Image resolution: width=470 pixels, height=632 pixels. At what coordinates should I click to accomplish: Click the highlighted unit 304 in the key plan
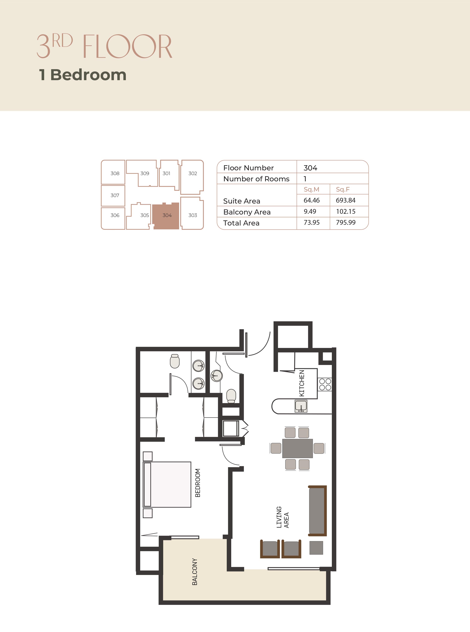[x=166, y=216]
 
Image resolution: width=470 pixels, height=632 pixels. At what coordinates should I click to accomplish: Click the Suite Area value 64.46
[x=312, y=200]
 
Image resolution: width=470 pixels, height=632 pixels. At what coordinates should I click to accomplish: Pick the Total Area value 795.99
[x=346, y=222]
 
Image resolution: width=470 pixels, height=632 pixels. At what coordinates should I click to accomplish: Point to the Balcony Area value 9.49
[x=310, y=211]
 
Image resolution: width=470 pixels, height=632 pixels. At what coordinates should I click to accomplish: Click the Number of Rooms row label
[x=256, y=179]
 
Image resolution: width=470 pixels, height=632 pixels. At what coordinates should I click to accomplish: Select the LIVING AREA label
[x=283, y=517]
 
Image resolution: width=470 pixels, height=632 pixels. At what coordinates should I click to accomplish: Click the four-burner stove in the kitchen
[x=325, y=384]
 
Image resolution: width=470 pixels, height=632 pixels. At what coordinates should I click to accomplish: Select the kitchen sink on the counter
[x=301, y=406]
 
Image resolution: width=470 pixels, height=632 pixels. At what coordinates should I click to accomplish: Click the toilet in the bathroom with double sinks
[x=175, y=361]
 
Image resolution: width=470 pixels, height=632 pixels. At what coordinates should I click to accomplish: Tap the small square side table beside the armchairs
[x=316, y=548]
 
